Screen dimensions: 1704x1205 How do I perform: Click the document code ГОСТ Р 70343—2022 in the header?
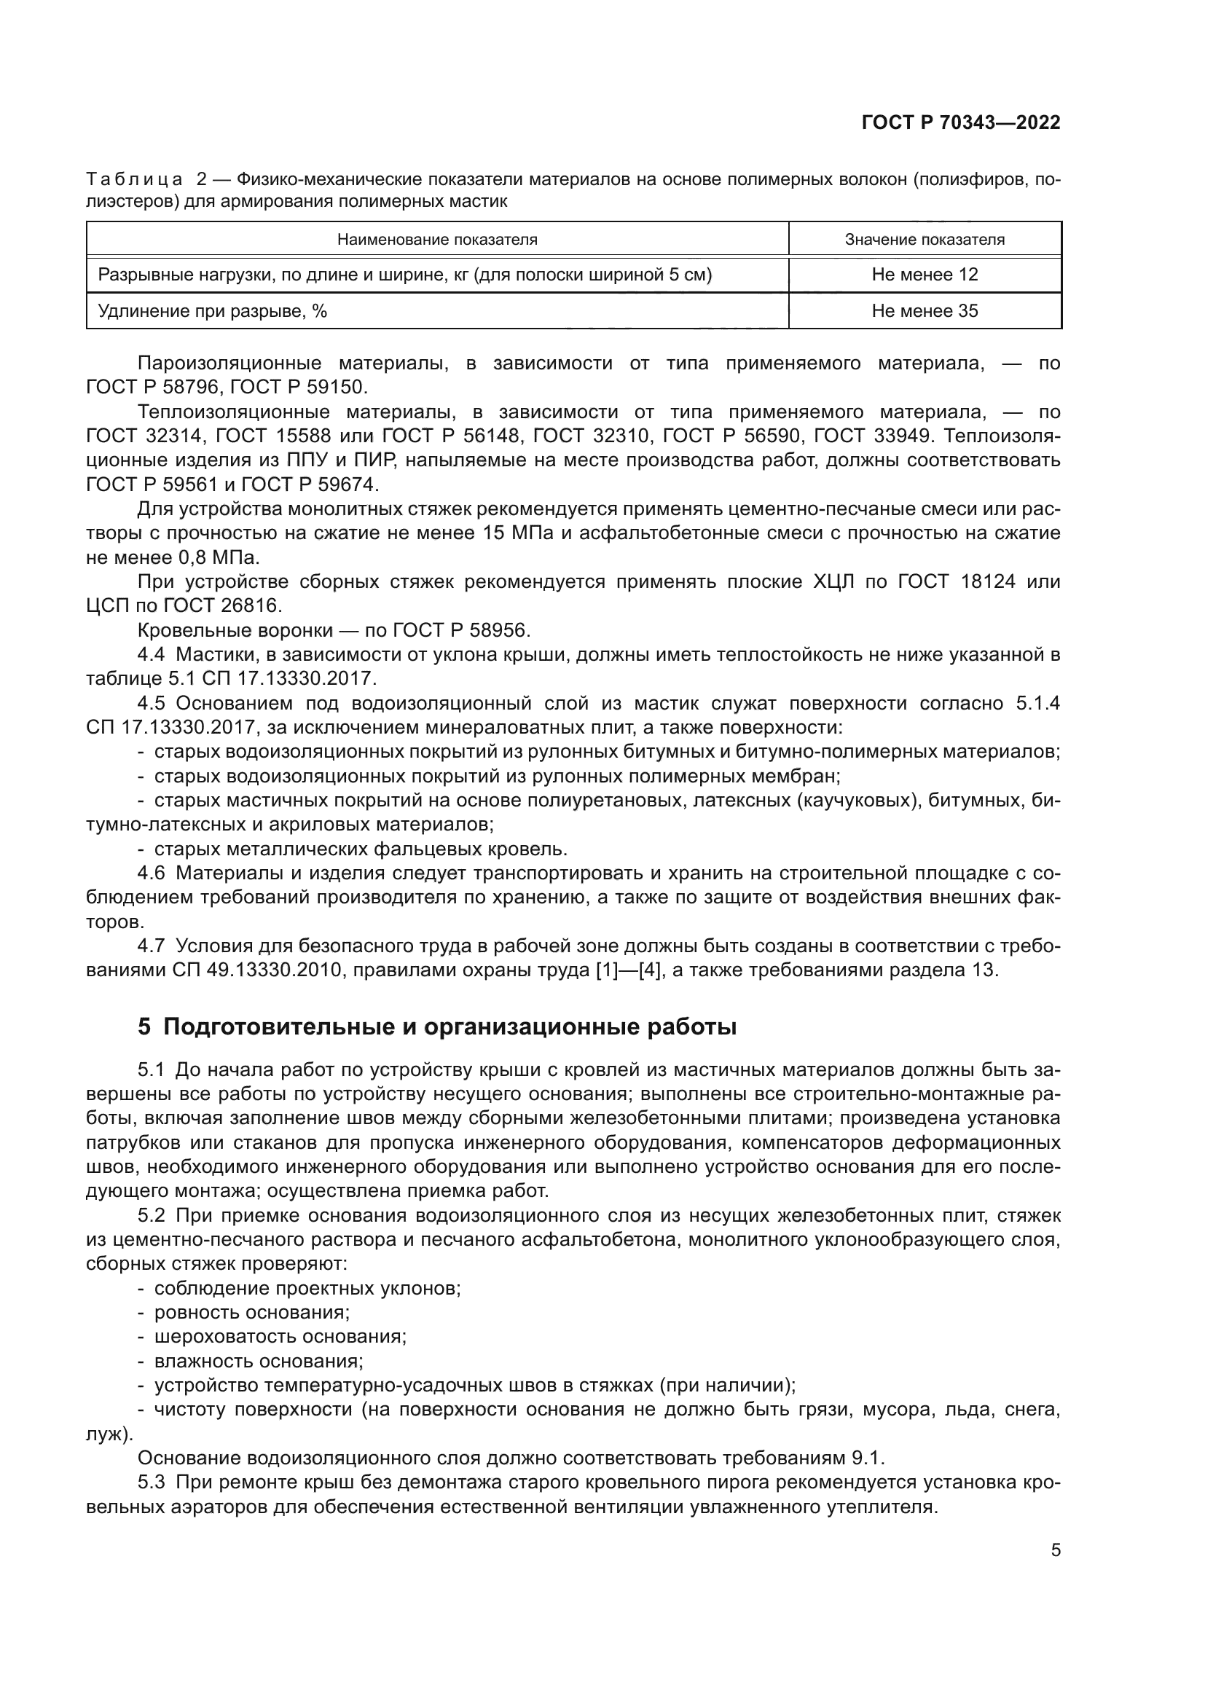(x=960, y=122)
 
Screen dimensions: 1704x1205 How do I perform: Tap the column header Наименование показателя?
(x=437, y=240)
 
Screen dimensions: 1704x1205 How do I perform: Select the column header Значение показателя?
(x=925, y=240)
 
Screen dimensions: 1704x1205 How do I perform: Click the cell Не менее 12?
(x=925, y=275)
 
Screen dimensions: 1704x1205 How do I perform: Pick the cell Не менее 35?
(x=925, y=311)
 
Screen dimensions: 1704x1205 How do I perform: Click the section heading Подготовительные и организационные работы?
(x=450, y=1027)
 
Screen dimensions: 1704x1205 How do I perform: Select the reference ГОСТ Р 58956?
(x=459, y=631)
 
